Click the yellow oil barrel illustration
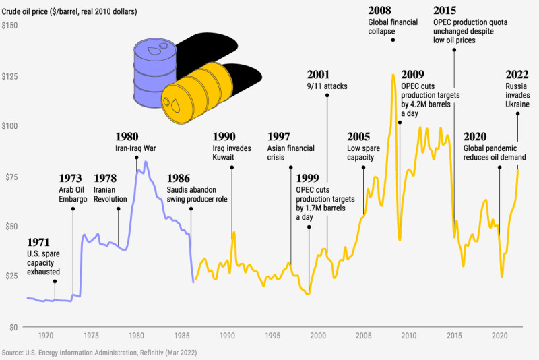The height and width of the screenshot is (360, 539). click(x=197, y=94)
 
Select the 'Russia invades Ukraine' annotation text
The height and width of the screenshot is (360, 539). click(x=517, y=96)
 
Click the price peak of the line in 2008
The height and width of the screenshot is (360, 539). click(x=393, y=74)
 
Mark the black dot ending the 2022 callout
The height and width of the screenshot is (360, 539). click(x=517, y=113)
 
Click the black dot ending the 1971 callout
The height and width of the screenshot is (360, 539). click(x=55, y=281)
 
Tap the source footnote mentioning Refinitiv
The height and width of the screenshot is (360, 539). click(x=99, y=353)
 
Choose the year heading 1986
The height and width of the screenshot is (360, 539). click(x=179, y=179)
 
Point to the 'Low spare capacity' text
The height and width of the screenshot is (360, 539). click(x=360, y=153)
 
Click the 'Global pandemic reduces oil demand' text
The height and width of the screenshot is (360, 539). click(x=494, y=153)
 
